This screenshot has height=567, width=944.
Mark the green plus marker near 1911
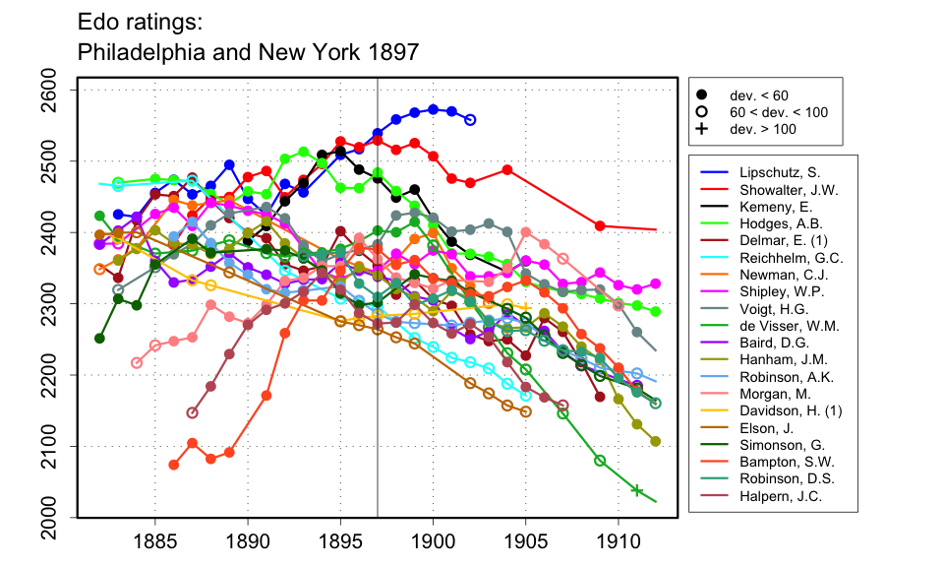pos(636,490)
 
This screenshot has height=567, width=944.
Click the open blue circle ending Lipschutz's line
pos(470,120)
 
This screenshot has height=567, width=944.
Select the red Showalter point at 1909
pos(600,226)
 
